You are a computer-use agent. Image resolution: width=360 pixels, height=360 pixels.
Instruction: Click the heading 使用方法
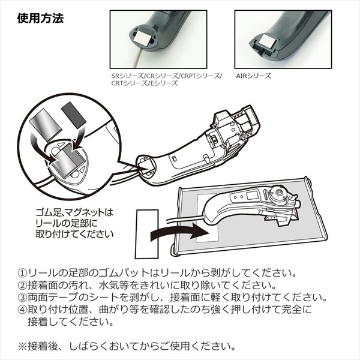(40, 19)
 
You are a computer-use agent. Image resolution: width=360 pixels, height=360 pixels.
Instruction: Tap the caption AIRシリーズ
(253, 76)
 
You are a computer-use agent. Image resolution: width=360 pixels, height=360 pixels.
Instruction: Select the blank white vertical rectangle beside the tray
(146, 234)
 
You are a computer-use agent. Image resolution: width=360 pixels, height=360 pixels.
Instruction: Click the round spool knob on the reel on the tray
(278, 194)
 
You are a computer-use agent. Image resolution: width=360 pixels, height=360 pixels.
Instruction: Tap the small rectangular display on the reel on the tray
(252, 196)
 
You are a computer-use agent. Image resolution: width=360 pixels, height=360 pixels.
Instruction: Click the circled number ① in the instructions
(22, 273)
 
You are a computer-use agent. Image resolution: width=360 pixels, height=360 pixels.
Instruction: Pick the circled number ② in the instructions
(22, 286)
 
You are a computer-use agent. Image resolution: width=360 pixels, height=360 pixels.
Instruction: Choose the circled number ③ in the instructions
(22, 298)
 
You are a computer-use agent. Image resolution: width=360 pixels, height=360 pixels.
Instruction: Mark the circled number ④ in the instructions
(22, 310)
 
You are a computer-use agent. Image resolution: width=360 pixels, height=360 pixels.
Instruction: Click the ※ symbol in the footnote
(22, 346)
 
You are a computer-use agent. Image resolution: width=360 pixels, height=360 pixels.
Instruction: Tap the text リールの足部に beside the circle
(67, 223)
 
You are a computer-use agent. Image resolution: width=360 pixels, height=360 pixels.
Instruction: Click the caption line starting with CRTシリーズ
(145, 83)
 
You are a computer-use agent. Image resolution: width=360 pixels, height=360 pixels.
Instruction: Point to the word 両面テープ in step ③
(55, 298)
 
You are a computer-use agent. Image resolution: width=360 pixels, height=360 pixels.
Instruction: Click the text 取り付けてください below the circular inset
(74, 235)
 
